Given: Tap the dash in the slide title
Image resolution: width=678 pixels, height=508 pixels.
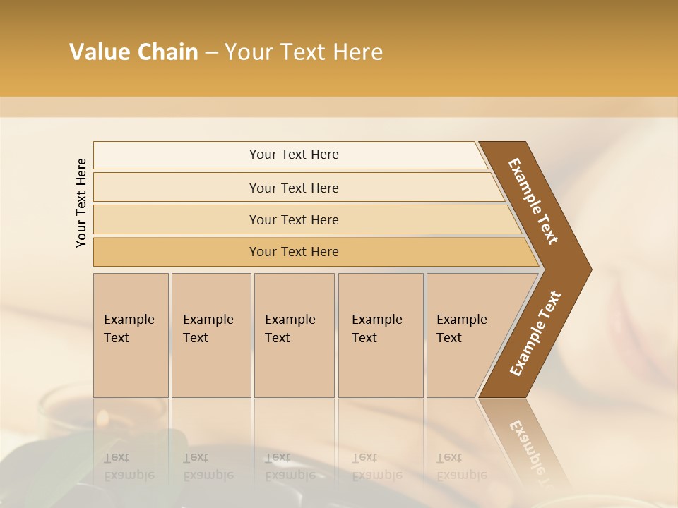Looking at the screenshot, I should [211, 53].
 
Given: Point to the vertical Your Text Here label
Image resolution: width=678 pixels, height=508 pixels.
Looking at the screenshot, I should [81, 202].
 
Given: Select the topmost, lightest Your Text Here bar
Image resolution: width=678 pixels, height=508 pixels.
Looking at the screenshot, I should [294, 155].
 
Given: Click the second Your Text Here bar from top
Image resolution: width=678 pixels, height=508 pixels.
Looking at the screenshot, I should [294, 188].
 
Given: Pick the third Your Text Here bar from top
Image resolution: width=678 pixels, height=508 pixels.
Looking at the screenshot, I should [294, 219].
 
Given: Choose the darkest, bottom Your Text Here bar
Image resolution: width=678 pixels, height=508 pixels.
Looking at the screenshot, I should [294, 252].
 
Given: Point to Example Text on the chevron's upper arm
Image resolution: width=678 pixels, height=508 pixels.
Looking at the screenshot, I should [533, 201].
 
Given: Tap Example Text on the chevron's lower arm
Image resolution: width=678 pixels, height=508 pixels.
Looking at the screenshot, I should [535, 334].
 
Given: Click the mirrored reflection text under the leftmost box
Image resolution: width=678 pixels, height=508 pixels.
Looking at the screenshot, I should [129, 466].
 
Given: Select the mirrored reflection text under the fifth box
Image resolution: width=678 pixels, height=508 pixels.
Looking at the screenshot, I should [460, 466].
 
